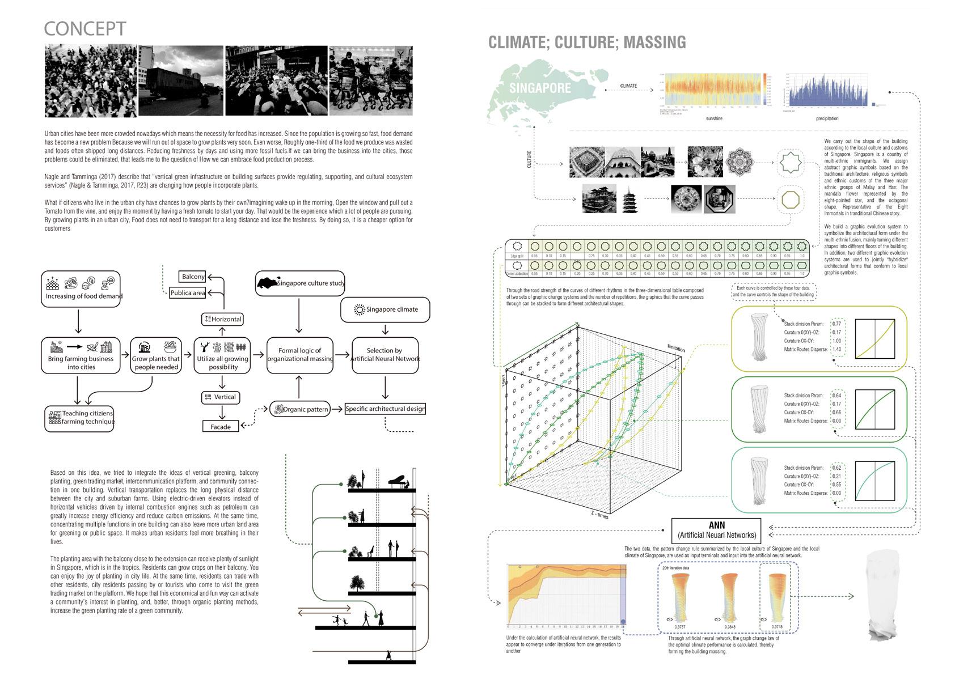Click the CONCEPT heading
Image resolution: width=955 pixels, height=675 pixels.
tap(84, 29)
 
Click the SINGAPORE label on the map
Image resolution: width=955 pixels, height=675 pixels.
tap(539, 88)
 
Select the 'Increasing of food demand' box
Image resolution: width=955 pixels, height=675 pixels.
tap(81, 289)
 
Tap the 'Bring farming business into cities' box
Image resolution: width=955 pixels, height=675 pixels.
tap(81, 355)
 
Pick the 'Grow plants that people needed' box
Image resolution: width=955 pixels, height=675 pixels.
tap(155, 355)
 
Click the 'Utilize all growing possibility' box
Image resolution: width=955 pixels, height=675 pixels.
tap(223, 355)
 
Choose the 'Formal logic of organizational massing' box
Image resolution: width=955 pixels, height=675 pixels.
tap(299, 355)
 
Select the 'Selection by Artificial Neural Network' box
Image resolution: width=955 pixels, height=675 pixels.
tap(385, 355)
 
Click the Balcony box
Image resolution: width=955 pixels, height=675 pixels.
tap(193, 277)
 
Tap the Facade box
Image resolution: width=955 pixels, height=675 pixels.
tap(221, 426)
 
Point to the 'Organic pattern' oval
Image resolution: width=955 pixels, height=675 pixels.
tap(299, 409)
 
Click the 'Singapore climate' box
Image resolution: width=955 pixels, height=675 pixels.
tap(385, 309)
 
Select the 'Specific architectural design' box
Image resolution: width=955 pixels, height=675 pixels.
tap(385, 409)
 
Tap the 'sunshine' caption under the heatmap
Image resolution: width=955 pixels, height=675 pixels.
tap(714, 119)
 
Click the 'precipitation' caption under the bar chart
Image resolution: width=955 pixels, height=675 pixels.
tap(827, 119)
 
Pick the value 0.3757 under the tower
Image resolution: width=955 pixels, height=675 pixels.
tap(680, 627)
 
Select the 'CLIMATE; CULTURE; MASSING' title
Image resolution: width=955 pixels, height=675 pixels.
tap(587, 42)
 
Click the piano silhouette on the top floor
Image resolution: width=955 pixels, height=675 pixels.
tap(395, 481)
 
